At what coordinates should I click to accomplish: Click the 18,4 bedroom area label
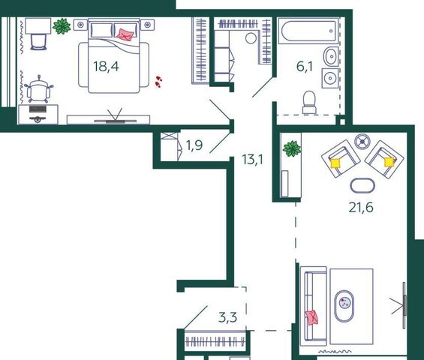[x=106, y=67]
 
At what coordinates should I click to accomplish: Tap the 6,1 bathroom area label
[x=305, y=66]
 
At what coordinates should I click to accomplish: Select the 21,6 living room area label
[x=361, y=208]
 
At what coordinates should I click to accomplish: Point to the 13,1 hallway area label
[x=253, y=160]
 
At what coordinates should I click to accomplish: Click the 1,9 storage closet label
[x=194, y=145]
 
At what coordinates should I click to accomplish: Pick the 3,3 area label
[x=228, y=317]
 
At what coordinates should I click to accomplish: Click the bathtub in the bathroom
[x=308, y=31]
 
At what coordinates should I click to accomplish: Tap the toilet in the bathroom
[x=309, y=102]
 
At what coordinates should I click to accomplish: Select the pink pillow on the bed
[x=125, y=34]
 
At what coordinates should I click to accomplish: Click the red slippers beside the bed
[x=158, y=82]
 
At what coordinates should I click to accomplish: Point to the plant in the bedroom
[x=62, y=26]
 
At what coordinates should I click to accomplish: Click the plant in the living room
[x=292, y=148]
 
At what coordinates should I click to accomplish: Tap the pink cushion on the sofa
[x=311, y=317]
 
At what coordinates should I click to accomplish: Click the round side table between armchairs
[x=362, y=141]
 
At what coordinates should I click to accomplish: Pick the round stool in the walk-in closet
[x=251, y=38]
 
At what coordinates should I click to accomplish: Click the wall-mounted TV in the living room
[x=404, y=305]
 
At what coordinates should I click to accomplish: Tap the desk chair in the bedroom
[x=38, y=89]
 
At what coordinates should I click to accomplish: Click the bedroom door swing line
[x=220, y=109]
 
